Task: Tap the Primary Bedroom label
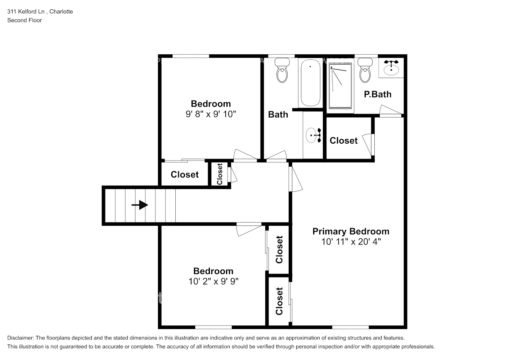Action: pyautogui.click(x=351, y=231)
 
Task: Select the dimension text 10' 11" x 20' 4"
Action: pyautogui.click(x=351, y=242)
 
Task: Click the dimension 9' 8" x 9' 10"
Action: pyautogui.click(x=211, y=114)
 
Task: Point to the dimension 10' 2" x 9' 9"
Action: pyautogui.click(x=213, y=281)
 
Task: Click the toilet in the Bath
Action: pyautogui.click(x=282, y=71)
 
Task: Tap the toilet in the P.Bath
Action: pyautogui.click(x=365, y=71)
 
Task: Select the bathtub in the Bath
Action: pyautogui.click(x=310, y=83)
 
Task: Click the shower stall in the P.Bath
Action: pyautogui.click(x=340, y=86)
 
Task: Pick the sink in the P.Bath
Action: pyautogui.click(x=391, y=67)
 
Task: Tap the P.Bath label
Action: pyautogui.click(x=377, y=94)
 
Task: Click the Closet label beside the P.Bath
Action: pyautogui.click(x=343, y=140)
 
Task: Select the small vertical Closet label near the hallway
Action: pyautogui.click(x=220, y=174)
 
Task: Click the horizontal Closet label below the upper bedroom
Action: pyautogui.click(x=184, y=175)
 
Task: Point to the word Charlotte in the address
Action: pyautogui.click(x=61, y=12)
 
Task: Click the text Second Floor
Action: pyautogui.click(x=24, y=20)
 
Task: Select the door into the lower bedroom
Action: pyautogui.click(x=248, y=229)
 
